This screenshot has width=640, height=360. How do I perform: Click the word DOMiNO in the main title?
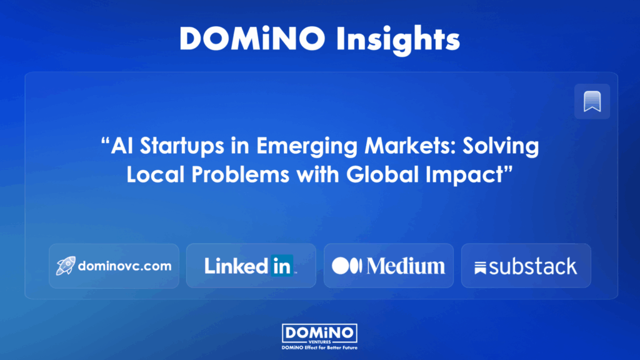tap(252, 38)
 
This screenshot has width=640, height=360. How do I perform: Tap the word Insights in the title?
tap(398, 39)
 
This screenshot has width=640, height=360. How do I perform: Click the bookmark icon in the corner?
tap(592, 101)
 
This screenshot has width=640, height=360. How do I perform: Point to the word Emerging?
tap(307, 146)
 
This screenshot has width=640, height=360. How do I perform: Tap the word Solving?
tap(501, 146)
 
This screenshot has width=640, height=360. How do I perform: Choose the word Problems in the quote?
tap(240, 174)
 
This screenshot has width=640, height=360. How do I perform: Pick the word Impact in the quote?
tap(464, 175)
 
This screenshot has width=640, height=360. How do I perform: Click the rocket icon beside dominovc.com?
tap(66, 266)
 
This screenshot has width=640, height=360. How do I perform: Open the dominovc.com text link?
tap(124, 266)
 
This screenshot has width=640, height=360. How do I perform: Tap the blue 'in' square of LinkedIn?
tap(282, 265)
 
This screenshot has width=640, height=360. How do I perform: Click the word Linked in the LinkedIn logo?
tap(236, 266)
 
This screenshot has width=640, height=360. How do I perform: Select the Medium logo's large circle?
tap(341, 266)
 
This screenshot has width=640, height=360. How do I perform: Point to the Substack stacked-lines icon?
tap(480, 267)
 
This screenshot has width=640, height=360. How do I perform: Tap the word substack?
tap(532, 266)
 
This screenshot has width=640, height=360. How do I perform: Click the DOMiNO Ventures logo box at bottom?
tap(319, 334)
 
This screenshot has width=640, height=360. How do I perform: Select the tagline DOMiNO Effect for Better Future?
tap(319, 347)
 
